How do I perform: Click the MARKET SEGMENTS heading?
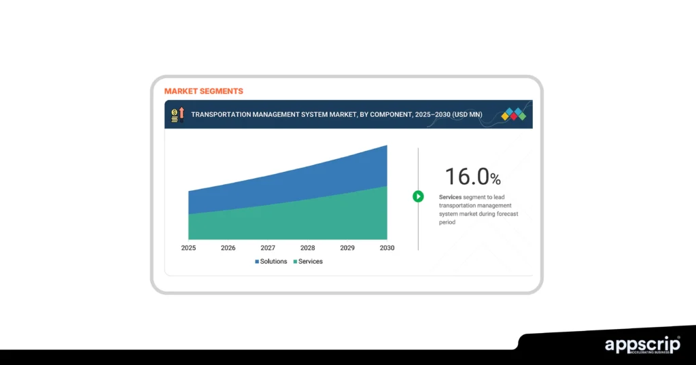(x=203, y=91)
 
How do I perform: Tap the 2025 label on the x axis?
(x=188, y=248)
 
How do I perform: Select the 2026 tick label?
(x=228, y=248)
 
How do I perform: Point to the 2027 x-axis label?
(x=268, y=248)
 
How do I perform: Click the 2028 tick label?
(x=307, y=248)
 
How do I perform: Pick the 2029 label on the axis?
(x=347, y=248)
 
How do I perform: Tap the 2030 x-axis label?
(x=387, y=248)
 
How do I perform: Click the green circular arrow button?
(x=418, y=196)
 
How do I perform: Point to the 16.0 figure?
(x=467, y=177)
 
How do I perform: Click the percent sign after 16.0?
(x=495, y=179)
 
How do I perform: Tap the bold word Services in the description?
(x=450, y=197)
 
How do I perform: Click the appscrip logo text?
(x=642, y=344)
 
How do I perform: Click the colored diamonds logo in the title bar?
(x=514, y=114)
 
